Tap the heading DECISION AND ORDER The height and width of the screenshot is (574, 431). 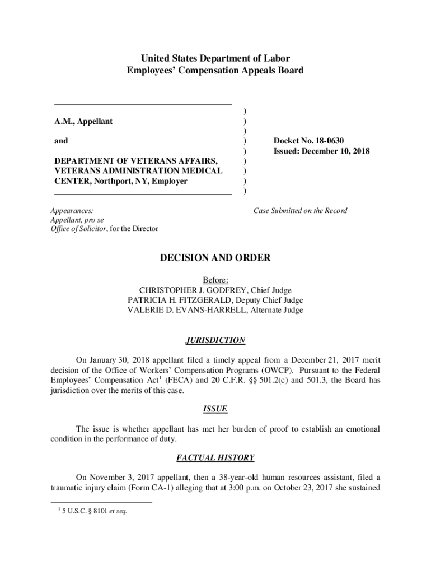215,258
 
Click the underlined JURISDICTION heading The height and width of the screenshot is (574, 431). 215,340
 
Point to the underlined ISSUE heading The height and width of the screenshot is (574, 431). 215,409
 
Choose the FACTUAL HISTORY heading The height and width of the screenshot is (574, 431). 215,458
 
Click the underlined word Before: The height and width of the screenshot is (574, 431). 215,280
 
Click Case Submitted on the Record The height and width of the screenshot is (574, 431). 301,211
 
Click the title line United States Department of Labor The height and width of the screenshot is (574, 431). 215,58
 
